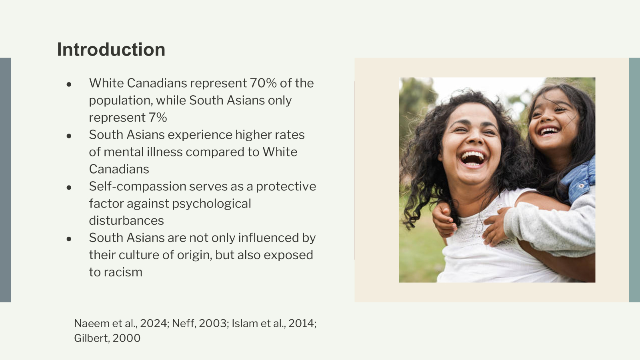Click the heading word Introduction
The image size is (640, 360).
click(111, 50)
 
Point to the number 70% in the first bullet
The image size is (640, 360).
click(263, 83)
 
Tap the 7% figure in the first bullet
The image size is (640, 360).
click(158, 118)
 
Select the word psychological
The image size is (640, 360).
click(212, 204)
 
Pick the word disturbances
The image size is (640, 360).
click(126, 220)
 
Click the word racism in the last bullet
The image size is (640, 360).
click(123, 272)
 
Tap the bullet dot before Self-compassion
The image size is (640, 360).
click(69, 188)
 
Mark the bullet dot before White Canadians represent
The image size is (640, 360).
click(69, 84)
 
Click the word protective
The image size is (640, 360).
click(286, 186)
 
